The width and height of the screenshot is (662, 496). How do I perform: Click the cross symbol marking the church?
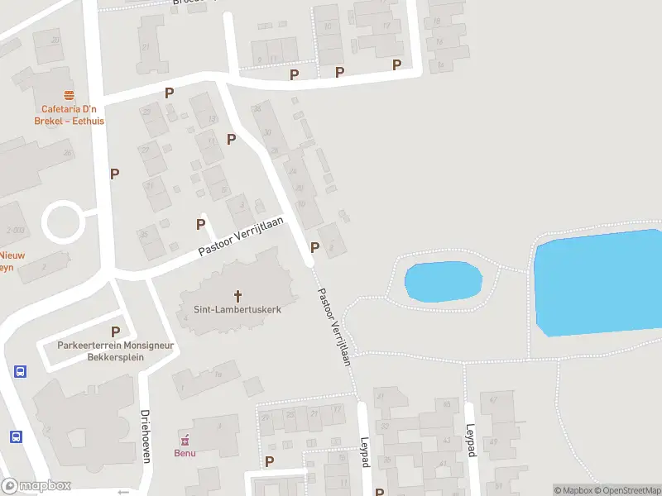(x=239, y=295)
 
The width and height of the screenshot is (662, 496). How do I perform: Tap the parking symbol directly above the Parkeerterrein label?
(x=115, y=331)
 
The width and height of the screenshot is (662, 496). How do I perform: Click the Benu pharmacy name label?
(x=185, y=452)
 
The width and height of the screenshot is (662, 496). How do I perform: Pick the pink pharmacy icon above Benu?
(x=185, y=439)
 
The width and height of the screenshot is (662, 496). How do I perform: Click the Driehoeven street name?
(x=145, y=436)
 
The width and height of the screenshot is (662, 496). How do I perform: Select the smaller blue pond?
(x=443, y=281)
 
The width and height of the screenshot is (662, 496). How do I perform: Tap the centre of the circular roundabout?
(x=63, y=222)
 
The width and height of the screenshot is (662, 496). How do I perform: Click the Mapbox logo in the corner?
(x=36, y=486)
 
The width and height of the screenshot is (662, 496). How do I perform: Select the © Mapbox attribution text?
(x=573, y=490)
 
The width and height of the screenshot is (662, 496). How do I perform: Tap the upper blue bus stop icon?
(x=20, y=371)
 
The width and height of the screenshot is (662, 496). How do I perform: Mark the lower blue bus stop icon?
(x=16, y=436)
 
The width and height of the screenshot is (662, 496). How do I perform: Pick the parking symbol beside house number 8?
(x=314, y=247)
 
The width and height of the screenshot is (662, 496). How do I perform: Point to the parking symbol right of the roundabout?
(x=115, y=174)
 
